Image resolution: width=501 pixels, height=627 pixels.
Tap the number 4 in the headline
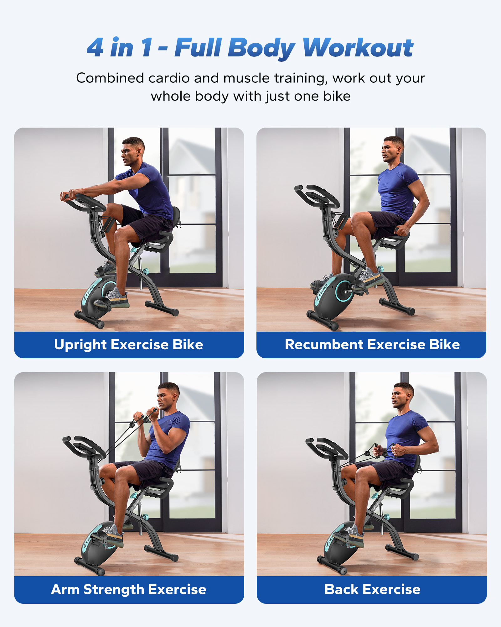point(95,48)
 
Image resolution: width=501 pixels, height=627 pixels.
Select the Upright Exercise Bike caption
point(129,345)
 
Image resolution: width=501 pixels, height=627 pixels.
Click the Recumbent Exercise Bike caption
point(372,345)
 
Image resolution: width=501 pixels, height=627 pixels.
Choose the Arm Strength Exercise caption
point(129,589)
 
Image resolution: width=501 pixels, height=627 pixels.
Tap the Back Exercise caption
point(372,589)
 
